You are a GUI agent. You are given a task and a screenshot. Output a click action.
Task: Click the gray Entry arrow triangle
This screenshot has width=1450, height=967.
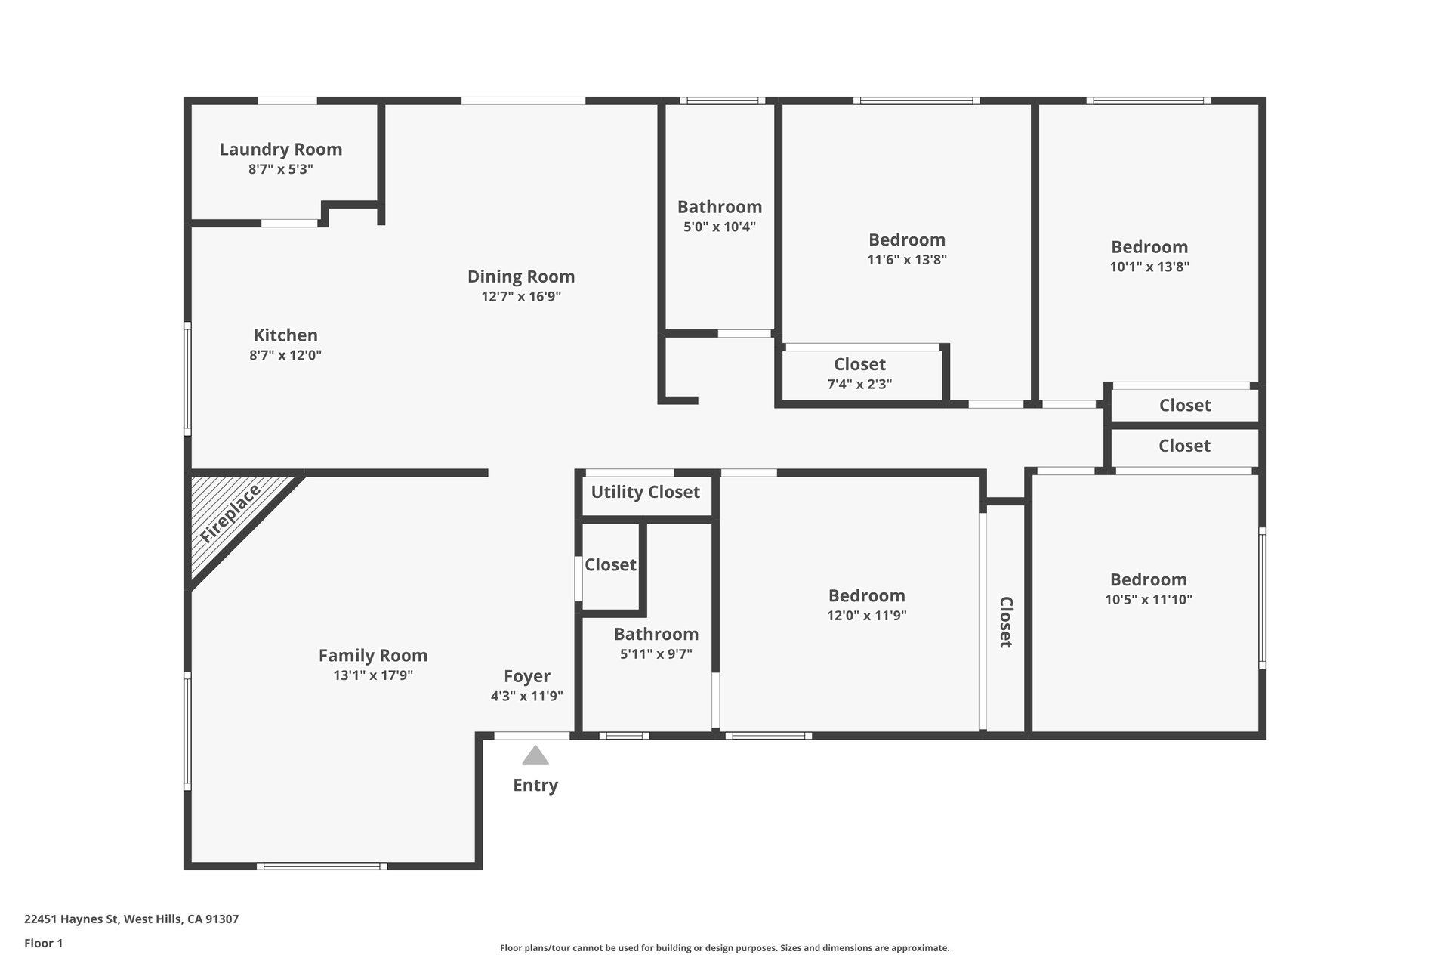(535, 756)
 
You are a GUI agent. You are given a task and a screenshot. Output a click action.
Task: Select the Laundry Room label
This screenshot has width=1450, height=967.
(281, 150)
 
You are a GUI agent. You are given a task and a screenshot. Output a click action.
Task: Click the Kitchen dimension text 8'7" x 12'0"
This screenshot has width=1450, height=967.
(285, 355)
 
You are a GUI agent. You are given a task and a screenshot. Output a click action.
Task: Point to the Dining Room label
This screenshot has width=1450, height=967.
(521, 277)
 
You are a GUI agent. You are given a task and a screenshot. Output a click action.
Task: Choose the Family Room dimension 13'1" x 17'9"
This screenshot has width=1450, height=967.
(373, 675)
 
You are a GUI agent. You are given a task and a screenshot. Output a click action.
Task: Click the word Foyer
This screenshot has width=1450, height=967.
(527, 677)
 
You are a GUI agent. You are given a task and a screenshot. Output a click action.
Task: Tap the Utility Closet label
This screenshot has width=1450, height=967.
(646, 493)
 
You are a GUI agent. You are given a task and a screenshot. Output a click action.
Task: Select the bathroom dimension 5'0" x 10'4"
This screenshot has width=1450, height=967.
(720, 227)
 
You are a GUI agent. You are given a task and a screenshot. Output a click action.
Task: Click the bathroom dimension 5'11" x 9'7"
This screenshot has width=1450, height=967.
(656, 654)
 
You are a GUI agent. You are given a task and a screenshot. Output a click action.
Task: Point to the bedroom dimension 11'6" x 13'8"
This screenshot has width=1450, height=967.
(907, 260)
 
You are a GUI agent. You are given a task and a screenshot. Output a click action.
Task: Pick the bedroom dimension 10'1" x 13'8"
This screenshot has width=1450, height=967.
(1149, 267)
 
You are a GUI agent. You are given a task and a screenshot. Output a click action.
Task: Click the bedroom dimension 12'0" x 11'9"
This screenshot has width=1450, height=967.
(867, 616)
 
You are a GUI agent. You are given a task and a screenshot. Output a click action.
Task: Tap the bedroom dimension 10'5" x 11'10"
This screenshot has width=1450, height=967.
(1149, 600)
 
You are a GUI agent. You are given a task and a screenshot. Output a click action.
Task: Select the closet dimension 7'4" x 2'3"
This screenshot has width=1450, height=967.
(859, 384)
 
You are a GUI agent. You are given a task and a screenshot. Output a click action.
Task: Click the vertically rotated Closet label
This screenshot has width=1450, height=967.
(1006, 623)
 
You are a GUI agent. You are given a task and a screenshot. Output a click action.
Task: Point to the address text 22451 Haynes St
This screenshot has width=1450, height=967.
(72, 919)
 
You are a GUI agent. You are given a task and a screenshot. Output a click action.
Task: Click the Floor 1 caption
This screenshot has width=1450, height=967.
(44, 943)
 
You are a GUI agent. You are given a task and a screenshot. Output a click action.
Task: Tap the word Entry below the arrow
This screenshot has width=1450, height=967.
(535, 786)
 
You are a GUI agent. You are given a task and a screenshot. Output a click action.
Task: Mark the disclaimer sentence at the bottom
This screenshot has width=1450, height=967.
(725, 948)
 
